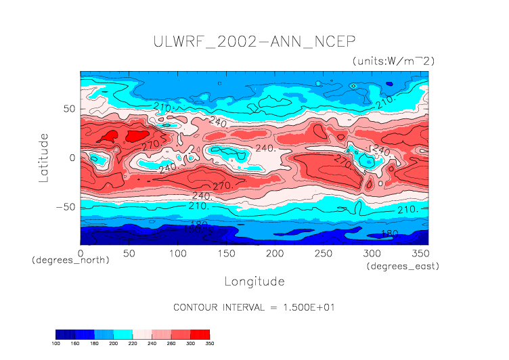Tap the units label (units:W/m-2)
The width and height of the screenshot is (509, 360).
393,61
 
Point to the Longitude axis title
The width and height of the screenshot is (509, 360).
254,281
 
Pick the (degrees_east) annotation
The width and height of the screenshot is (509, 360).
403,267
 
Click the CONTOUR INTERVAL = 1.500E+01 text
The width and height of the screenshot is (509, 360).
254,307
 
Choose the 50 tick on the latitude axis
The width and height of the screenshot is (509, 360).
68,108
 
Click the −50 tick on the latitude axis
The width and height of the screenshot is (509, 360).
64,207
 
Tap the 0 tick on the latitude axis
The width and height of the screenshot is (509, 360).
72,158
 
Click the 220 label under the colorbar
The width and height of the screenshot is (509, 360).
133,344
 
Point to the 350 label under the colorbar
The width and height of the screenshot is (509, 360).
209,344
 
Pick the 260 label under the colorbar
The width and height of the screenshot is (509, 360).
171,344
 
